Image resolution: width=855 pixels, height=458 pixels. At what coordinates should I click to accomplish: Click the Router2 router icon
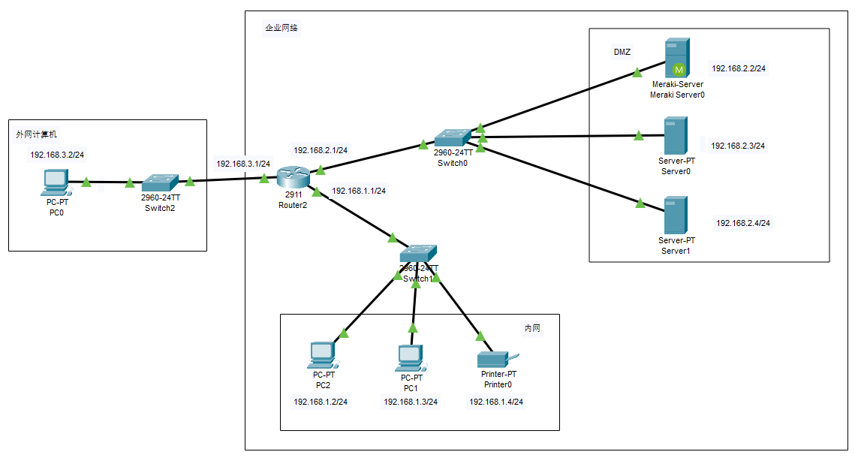click(x=293, y=177)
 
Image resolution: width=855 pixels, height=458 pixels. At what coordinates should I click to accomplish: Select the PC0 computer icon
click(x=56, y=183)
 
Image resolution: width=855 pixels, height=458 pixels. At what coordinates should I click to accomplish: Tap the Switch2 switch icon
click(x=160, y=182)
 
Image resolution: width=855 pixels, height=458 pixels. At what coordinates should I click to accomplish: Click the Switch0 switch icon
click(x=452, y=137)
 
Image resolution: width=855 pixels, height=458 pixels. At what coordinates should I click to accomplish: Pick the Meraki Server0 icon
click(x=676, y=59)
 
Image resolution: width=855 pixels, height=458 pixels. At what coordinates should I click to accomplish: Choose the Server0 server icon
click(x=676, y=136)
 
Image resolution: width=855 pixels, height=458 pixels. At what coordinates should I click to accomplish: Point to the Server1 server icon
click(x=676, y=215)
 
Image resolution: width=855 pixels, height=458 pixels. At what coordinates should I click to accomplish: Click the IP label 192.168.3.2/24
click(x=57, y=155)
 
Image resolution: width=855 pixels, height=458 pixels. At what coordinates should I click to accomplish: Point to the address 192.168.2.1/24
click(x=321, y=150)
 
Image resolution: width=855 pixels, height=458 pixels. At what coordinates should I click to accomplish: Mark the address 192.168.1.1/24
click(x=359, y=191)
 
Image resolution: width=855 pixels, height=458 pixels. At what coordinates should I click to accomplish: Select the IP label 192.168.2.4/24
click(x=743, y=223)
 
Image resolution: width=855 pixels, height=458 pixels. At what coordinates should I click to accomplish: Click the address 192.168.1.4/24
click(x=496, y=402)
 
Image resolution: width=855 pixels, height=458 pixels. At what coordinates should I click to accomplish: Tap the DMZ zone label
click(x=622, y=53)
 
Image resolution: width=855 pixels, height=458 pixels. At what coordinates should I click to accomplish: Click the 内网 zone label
click(x=532, y=328)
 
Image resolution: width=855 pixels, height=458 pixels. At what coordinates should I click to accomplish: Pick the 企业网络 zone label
click(x=281, y=28)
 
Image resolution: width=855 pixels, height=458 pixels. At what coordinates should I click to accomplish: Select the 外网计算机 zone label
click(x=37, y=134)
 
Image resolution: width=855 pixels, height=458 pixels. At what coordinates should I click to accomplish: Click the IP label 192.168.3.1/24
click(x=243, y=164)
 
